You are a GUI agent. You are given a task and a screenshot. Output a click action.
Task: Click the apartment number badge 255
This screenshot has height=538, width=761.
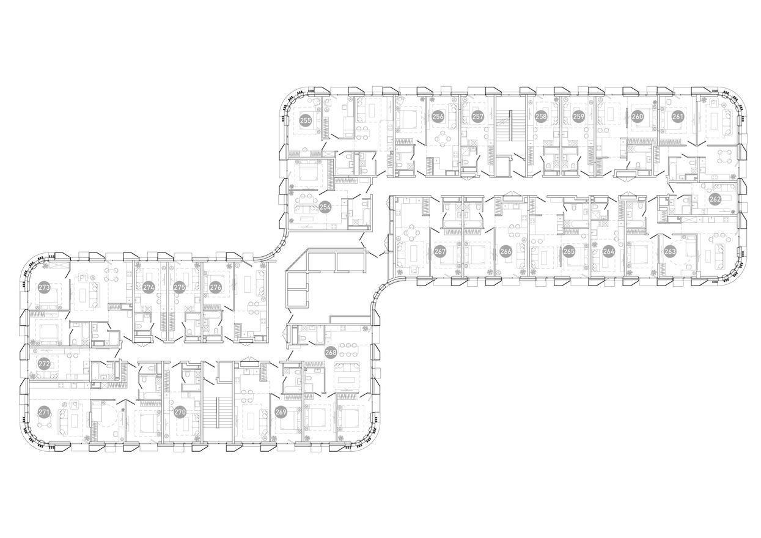click(x=306, y=120)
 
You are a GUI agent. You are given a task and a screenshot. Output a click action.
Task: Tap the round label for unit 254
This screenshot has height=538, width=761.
click(x=325, y=207)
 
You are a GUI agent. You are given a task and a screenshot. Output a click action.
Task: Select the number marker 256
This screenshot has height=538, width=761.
click(x=438, y=117)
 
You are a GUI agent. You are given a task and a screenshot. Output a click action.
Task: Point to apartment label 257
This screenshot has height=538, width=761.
click(x=478, y=117)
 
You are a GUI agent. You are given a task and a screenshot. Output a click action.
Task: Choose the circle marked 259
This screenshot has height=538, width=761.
click(x=579, y=117)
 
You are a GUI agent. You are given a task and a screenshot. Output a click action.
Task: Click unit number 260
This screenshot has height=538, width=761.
click(x=638, y=117)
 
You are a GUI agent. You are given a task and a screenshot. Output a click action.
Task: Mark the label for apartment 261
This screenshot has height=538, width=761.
click(x=678, y=117)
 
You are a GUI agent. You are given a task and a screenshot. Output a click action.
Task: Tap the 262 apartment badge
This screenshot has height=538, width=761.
click(x=715, y=199)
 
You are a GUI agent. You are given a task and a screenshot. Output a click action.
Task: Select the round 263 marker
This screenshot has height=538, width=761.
click(x=671, y=251)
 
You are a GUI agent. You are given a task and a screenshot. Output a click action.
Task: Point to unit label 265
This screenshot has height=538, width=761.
click(x=569, y=251)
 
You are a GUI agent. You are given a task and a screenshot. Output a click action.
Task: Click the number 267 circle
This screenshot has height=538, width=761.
click(x=440, y=251)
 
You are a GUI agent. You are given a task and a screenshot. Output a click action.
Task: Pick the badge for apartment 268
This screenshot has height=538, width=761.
click(x=331, y=352)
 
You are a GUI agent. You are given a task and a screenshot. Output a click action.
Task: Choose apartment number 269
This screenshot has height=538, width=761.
click(x=281, y=412)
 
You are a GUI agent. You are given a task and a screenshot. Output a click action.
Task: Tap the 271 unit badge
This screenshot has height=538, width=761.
click(x=44, y=413)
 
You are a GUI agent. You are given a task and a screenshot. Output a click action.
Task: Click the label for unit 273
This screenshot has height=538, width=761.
click(x=44, y=287)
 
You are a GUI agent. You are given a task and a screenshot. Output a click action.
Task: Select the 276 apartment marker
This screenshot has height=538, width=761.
click(x=216, y=287)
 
